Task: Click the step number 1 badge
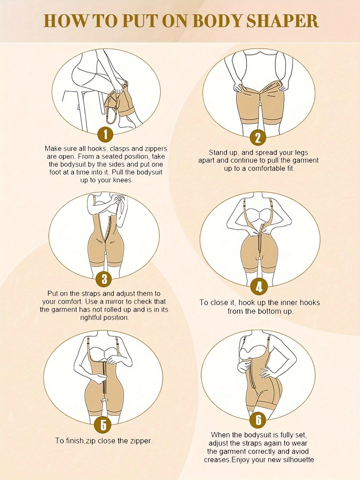[x=105, y=134]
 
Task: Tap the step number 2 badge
[x=258, y=138]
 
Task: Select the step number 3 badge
[x=104, y=279]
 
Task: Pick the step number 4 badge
[x=259, y=287]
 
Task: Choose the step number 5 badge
[x=103, y=425]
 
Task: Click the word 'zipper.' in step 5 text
[x=141, y=441]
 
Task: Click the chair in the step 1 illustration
[x=81, y=108]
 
